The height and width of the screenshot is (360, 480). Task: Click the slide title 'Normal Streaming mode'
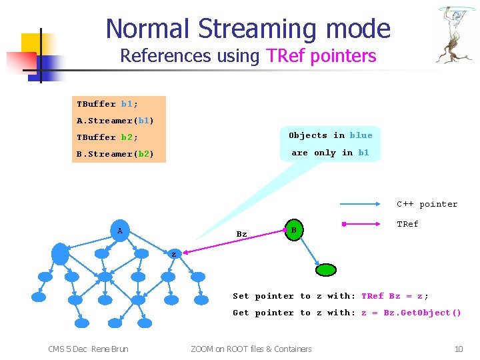247,28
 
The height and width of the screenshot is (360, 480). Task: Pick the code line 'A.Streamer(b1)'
115,121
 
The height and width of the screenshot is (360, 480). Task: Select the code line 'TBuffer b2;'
107,137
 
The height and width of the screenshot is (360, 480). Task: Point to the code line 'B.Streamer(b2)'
115,154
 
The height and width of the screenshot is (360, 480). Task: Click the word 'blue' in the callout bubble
361,135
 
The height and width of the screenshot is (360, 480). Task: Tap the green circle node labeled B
294,230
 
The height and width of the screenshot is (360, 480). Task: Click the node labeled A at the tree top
120,231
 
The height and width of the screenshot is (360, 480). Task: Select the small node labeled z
173,254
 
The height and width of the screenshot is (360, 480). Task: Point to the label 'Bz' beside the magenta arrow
241,234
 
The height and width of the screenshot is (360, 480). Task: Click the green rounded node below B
327,270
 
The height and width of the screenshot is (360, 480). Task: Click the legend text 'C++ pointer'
427,204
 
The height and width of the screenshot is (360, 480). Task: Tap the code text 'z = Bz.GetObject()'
411,313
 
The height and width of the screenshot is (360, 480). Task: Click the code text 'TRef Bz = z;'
395,296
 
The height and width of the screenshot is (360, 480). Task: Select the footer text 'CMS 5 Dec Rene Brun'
89,349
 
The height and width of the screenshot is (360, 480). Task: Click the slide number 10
458,349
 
